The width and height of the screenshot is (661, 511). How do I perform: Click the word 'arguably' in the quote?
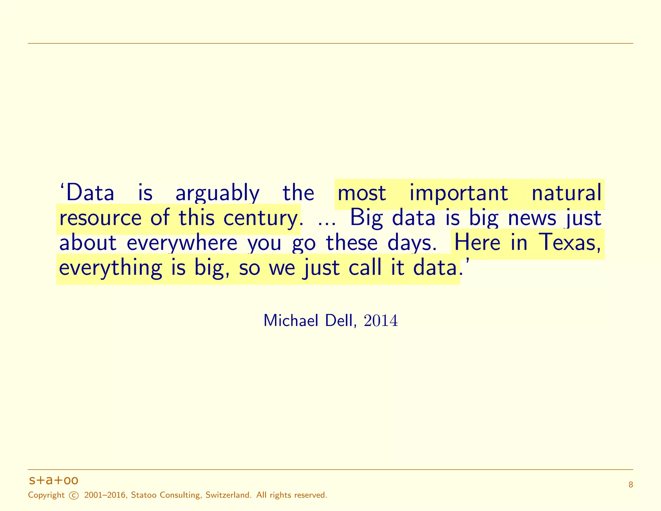coord(217,193)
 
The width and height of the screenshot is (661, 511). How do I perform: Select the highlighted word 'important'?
coord(459,193)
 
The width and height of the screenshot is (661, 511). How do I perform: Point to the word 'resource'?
coord(100,218)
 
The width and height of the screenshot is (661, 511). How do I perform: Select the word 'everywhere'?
coord(182,243)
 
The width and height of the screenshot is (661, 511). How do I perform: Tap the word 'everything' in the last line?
coord(110,268)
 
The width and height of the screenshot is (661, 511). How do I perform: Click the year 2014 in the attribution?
coord(381,320)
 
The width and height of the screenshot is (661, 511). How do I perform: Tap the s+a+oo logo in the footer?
coord(54,480)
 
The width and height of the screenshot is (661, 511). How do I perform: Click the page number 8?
coord(631,485)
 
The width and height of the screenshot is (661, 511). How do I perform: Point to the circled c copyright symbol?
coord(74,495)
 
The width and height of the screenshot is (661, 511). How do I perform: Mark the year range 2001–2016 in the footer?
coord(105,495)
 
